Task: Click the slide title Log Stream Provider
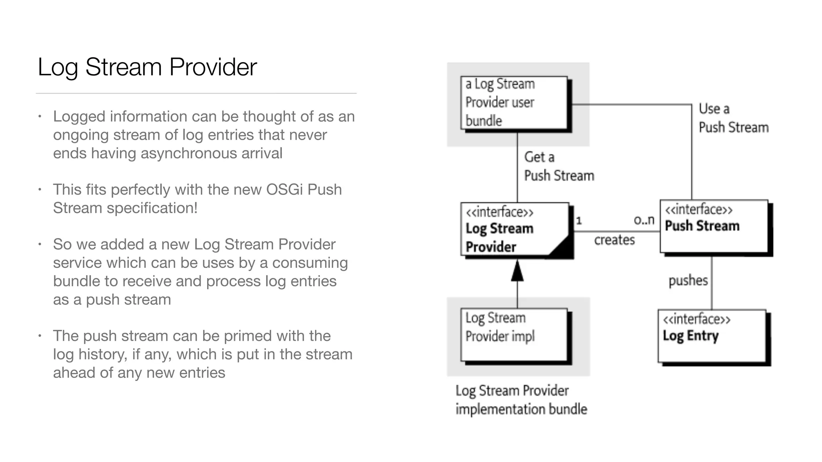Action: click(147, 67)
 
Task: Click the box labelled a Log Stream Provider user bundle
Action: click(514, 103)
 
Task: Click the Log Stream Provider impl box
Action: click(514, 335)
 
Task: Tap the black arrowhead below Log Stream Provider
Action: click(517, 272)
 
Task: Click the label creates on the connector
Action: click(614, 240)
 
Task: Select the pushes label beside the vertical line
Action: click(688, 280)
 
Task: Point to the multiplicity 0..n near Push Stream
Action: click(644, 220)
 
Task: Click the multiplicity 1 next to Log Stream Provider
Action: click(579, 221)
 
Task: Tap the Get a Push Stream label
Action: click(559, 166)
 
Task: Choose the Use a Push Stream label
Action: click(733, 118)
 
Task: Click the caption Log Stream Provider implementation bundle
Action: click(521, 400)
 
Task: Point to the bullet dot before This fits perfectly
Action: click(40, 189)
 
